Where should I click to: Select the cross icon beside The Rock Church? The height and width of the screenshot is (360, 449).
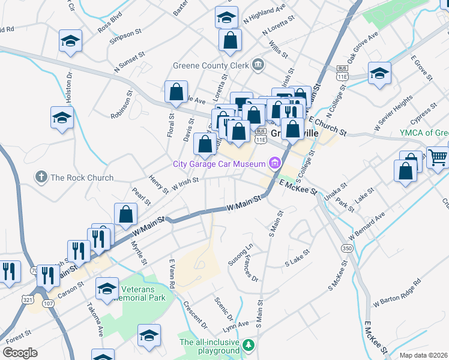(41, 177)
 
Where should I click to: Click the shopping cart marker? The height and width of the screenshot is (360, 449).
(438, 157)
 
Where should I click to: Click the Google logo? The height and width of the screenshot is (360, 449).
(19, 353)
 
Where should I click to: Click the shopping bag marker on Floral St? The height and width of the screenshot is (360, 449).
(176, 92)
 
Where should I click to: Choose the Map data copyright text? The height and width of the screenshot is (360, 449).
(424, 355)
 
